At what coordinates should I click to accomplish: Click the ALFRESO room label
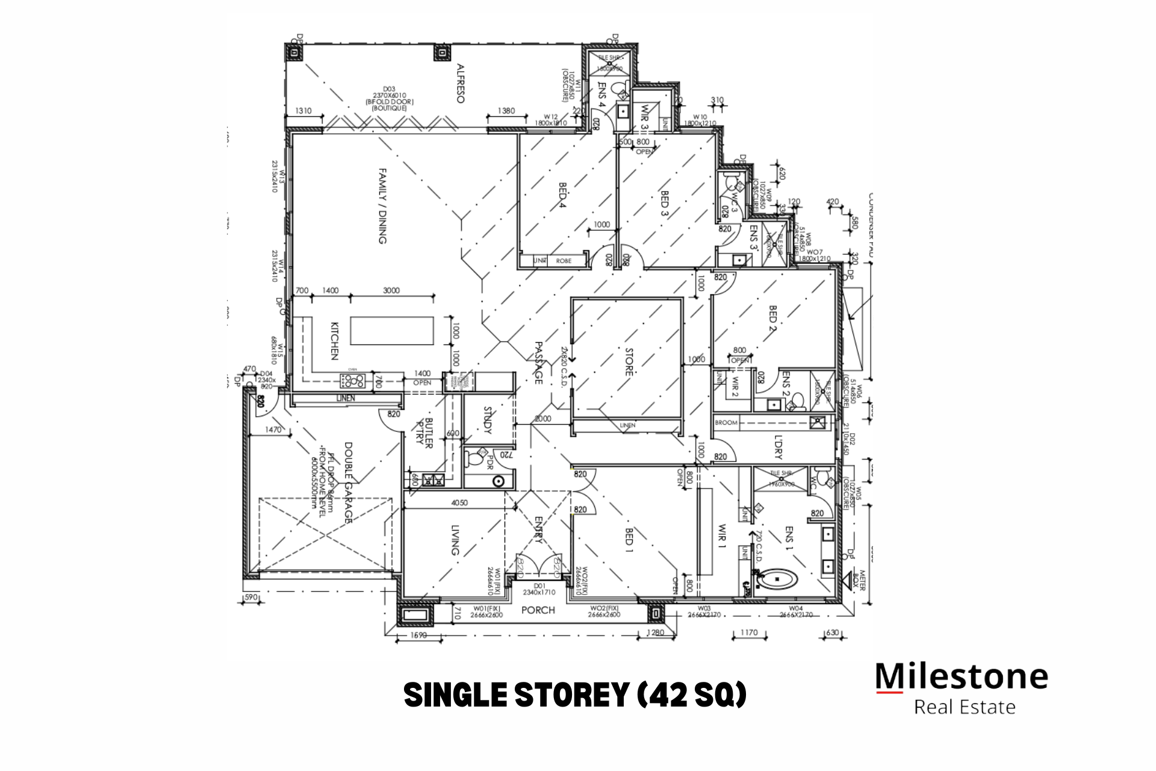coord(461,83)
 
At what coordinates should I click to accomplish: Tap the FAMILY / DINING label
coord(382,206)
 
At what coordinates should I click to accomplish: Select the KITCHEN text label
coord(335,341)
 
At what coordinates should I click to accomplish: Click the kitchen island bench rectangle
coord(392,330)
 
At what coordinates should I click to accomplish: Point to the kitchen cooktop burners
coord(352,380)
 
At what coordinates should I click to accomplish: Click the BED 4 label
coord(563,195)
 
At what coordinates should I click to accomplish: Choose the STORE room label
coord(629,361)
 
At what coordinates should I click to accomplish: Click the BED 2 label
coord(773,322)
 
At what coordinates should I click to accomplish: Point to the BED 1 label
coord(629,540)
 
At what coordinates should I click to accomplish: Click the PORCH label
coord(538,610)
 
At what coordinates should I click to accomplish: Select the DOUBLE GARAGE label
coord(349,482)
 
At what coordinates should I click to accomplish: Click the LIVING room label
coord(455,540)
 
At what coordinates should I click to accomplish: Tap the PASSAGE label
coord(539,363)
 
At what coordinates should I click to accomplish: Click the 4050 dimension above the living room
coord(459,502)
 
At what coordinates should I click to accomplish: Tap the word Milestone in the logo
coord(962,676)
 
